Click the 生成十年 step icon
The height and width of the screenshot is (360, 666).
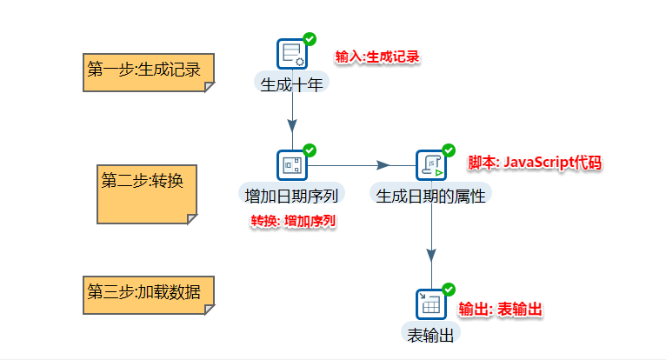pos(292,54)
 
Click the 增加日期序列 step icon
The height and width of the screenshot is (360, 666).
pos(292,163)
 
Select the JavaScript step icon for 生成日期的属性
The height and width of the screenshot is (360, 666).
pos(431,163)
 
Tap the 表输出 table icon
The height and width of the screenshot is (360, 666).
pos(431,303)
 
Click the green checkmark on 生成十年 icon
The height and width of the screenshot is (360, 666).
pos(310,39)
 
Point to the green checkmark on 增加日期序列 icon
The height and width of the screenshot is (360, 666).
pos(310,150)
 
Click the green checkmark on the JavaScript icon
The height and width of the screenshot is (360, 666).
pos(449,150)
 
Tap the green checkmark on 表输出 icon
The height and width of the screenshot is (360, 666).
pos(449,289)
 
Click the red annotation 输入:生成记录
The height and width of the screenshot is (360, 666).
pos(377,57)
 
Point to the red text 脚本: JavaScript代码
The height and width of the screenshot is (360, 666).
pos(535,163)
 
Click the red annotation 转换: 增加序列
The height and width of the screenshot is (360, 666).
pos(293,220)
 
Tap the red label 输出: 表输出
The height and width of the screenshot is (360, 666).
pos(501,310)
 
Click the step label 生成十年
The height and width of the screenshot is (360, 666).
pos(292,83)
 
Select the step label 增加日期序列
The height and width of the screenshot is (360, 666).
pos(292,193)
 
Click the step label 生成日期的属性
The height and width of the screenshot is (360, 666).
pos(430,193)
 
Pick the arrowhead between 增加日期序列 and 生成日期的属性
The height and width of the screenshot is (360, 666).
pos(383,164)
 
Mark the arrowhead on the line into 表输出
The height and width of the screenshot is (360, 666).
pos(431,255)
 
